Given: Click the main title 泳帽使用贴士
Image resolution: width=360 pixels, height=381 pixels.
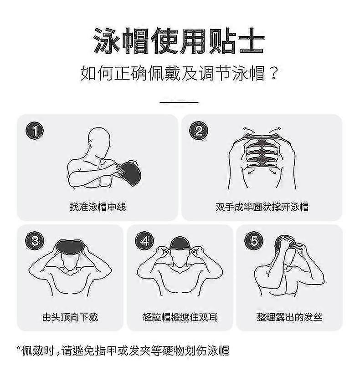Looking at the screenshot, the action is point(179,41).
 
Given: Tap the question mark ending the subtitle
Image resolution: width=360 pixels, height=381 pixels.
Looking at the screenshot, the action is point(274,73).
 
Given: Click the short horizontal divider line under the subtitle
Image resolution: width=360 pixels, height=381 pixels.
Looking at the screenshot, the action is point(179,102).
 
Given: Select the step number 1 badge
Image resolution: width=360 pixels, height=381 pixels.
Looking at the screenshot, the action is point(35,131).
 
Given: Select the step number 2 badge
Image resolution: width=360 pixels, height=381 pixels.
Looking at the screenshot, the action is point(199,131).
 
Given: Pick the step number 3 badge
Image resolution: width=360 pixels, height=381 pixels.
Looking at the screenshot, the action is point(35,241).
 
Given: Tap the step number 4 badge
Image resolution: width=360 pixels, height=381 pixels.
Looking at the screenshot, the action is point(144,241).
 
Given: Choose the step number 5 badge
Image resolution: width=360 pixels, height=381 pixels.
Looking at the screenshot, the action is point(254,241).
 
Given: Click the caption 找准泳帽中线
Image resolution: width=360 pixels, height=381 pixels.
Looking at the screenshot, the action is point(98,207).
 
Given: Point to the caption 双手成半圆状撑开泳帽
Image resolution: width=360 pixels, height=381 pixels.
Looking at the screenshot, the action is point(262,207).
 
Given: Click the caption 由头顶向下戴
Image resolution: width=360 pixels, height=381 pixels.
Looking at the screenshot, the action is point(70,317).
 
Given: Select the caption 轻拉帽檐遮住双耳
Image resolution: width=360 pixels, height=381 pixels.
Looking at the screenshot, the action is point(180,317).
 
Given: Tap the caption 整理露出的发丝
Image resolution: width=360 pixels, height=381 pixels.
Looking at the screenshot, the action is point(289,317).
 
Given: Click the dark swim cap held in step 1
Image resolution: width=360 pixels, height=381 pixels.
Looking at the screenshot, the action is point(131,173).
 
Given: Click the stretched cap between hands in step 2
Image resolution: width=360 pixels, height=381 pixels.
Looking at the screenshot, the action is point(262,151).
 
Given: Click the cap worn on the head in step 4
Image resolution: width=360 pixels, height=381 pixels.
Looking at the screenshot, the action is point(180,243).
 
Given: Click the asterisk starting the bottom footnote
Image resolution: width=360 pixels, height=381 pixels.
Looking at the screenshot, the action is point(19,348).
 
